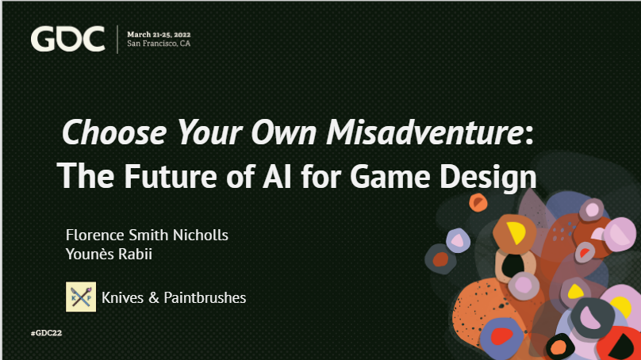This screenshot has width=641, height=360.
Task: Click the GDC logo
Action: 67,39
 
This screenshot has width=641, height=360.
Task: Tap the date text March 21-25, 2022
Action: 164,34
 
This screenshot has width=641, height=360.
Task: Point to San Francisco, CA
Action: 159,44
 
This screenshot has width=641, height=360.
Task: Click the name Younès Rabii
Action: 107,254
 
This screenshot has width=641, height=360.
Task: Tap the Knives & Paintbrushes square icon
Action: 81,297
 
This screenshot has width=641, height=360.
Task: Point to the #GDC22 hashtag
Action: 46,333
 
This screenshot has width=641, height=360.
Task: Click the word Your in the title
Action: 213,132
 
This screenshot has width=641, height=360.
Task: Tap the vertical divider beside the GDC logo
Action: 117,39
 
